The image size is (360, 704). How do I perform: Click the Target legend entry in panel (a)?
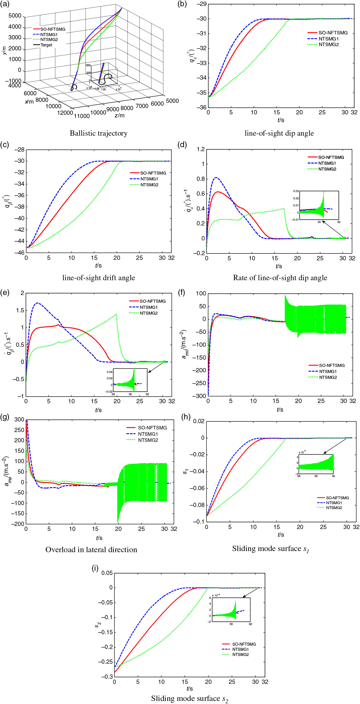click(x=46, y=45)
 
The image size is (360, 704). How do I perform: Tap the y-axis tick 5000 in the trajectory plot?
click(x=15, y=16)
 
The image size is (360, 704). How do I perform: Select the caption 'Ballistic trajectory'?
click(x=98, y=133)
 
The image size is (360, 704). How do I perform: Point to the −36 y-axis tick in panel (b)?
click(x=202, y=107)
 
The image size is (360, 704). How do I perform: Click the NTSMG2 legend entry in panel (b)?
click(x=329, y=45)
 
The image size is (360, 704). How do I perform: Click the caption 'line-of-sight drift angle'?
click(x=98, y=278)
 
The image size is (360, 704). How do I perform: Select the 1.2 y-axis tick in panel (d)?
click(x=201, y=149)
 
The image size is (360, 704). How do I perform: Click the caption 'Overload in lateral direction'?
click(x=91, y=550)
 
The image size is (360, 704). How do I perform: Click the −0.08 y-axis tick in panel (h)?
click(x=197, y=505)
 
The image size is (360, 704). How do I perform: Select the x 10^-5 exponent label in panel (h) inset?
click(x=302, y=452)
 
